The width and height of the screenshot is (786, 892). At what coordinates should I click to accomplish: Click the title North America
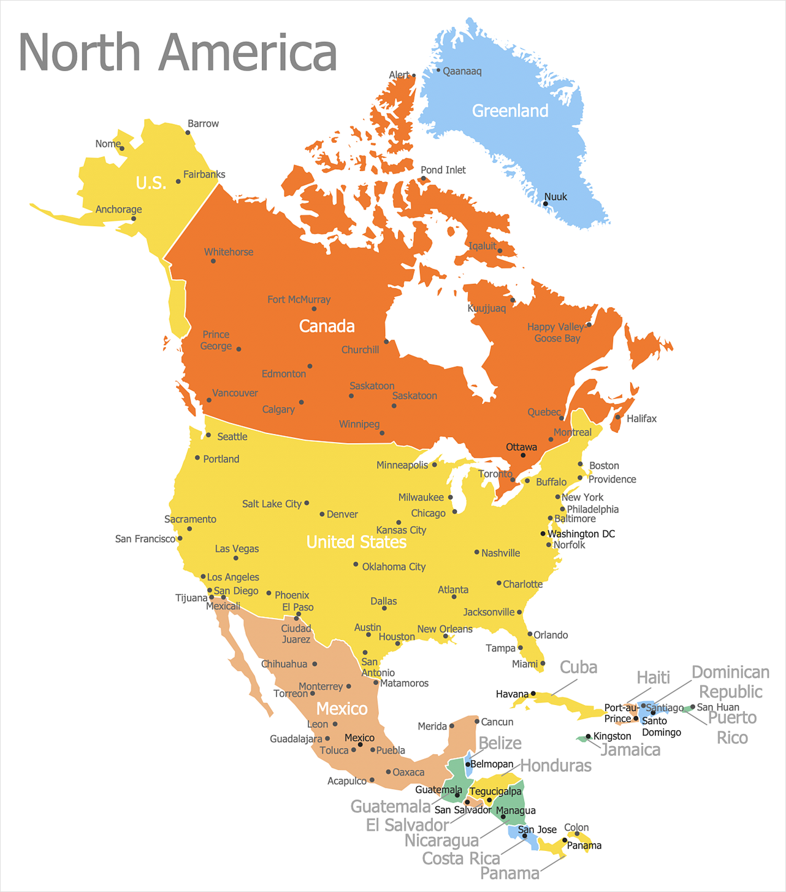(x=178, y=53)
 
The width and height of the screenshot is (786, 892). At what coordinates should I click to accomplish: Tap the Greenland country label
(x=510, y=111)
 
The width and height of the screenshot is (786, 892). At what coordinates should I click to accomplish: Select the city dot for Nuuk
(x=546, y=204)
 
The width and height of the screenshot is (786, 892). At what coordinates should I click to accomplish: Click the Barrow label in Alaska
(x=203, y=124)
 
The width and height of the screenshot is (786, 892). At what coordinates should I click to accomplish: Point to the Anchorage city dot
(x=134, y=218)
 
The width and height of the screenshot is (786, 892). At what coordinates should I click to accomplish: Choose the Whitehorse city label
(x=229, y=252)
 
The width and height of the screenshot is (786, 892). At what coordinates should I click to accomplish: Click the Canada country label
(x=327, y=326)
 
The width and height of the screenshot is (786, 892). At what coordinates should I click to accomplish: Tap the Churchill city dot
(x=386, y=341)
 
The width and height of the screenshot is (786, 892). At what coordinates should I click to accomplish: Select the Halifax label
(x=641, y=419)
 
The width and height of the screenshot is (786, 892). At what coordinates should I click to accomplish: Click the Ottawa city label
(x=521, y=447)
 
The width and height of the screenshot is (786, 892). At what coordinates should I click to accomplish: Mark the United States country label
(x=356, y=542)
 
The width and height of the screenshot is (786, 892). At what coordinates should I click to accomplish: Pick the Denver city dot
(x=322, y=514)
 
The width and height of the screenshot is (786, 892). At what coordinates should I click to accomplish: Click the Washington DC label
(x=581, y=534)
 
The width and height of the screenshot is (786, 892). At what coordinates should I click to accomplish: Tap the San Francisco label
(x=145, y=539)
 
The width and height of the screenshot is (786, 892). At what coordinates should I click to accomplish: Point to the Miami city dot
(x=543, y=663)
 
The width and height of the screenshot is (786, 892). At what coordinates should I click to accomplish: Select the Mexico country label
(x=341, y=709)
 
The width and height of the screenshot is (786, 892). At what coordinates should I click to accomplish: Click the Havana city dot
(x=533, y=693)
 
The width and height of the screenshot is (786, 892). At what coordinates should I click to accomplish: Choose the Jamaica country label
(x=630, y=750)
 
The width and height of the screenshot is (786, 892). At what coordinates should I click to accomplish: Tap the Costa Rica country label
(x=461, y=858)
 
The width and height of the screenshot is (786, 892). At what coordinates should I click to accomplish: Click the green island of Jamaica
(x=582, y=739)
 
